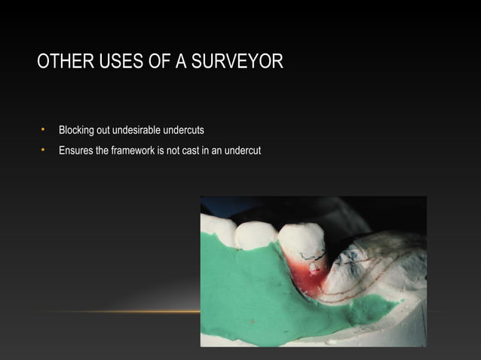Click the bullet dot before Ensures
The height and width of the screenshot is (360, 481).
(44, 151)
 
